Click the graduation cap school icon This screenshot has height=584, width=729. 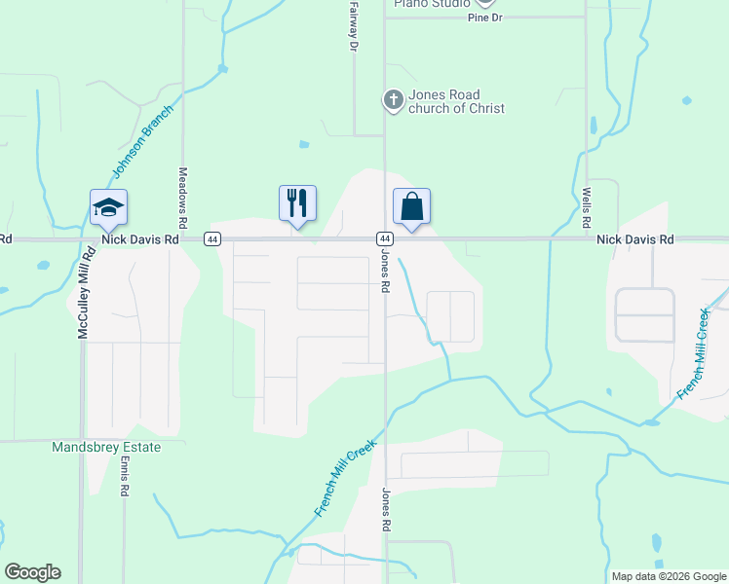[x=109, y=206]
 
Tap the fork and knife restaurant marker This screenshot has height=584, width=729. [x=297, y=203]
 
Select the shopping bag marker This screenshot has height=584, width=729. [x=411, y=206]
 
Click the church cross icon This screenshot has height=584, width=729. [x=393, y=99]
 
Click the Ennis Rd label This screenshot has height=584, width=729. [x=125, y=476]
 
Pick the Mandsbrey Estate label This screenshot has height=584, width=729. [x=105, y=447]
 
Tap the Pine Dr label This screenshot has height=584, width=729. [x=483, y=18]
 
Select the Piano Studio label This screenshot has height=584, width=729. [x=432, y=4]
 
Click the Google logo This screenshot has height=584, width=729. [x=32, y=572]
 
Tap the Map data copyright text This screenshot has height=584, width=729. [x=668, y=576]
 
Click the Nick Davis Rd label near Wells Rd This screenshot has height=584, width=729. [x=635, y=238]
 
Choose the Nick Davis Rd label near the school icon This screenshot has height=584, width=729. [x=141, y=238]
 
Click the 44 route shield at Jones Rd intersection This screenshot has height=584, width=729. [x=385, y=238]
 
